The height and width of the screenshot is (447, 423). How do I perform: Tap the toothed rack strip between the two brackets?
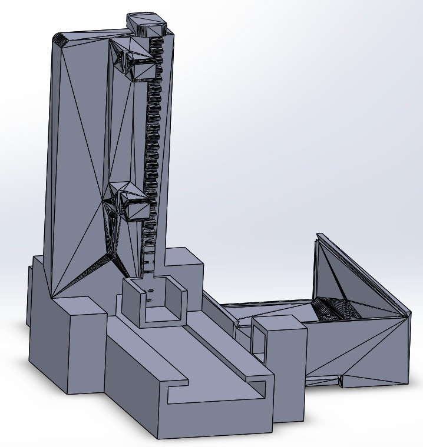153,135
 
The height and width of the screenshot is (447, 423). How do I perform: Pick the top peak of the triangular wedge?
318,236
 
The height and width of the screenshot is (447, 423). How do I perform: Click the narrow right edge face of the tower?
168,147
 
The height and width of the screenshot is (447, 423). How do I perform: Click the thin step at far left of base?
29,294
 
